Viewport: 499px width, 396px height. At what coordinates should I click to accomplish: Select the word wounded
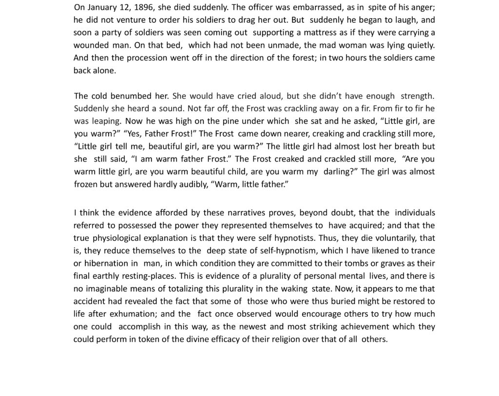[x=91, y=45]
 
